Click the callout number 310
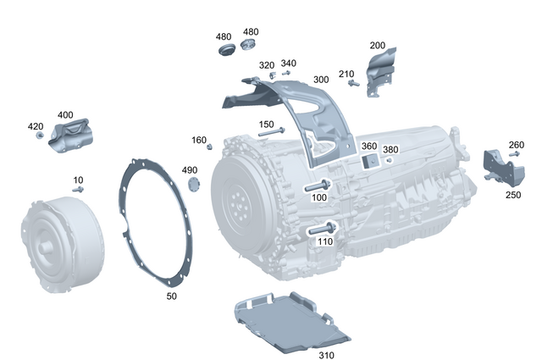(326, 355)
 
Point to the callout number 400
(65, 114)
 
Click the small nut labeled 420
(39, 137)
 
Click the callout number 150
(266, 125)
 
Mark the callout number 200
(377, 45)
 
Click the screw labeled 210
(353, 83)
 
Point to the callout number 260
(516, 144)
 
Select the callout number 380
(390, 150)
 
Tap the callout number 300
(321, 80)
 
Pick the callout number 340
(288, 64)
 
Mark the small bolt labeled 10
(79, 190)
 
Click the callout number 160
(198, 140)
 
